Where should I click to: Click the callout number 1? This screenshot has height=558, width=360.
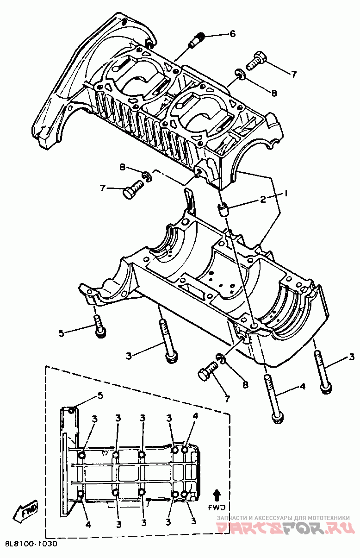(x=286, y=193)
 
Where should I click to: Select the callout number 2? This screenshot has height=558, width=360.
(x=262, y=200)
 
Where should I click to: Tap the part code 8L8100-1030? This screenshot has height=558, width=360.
(x=31, y=544)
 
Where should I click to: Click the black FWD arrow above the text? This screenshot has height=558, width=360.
(x=217, y=495)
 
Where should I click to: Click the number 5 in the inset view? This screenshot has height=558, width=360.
(x=99, y=395)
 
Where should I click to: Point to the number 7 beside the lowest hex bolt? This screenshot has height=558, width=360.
(x=226, y=399)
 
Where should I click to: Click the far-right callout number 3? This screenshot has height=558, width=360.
(x=352, y=357)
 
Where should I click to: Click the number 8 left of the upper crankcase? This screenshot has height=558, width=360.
(x=123, y=167)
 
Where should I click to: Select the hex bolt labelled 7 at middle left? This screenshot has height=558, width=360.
(x=132, y=190)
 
